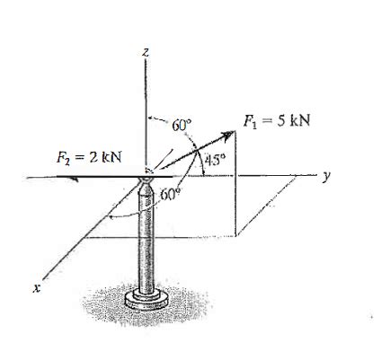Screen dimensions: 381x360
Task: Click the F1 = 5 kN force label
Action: point(277,122)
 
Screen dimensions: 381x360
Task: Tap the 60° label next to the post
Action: point(171,193)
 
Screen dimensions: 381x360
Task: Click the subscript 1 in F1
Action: point(253,125)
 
